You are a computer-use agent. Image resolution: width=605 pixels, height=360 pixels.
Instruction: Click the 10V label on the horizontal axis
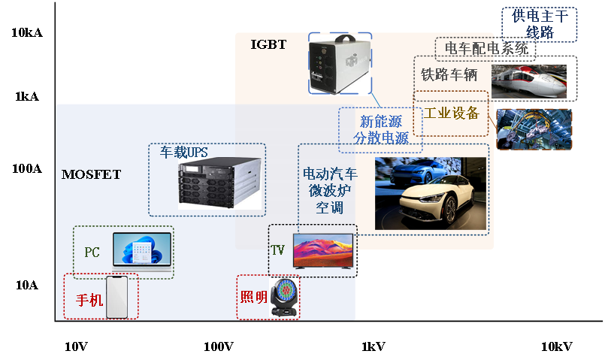point(77,346)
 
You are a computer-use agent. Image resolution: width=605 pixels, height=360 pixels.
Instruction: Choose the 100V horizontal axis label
point(219,346)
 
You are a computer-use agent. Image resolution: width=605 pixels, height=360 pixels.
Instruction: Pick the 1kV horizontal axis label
point(373,346)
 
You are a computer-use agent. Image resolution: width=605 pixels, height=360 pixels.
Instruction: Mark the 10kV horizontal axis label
point(556,346)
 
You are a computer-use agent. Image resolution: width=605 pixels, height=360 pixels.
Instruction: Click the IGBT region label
point(268,44)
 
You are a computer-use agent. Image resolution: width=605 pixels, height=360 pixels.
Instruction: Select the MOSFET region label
point(91,174)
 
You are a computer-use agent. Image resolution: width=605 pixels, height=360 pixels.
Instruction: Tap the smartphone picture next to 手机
point(116,297)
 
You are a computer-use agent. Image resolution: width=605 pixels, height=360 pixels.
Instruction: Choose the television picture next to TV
point(322,251)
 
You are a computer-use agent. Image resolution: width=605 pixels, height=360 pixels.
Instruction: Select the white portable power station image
point(341,65)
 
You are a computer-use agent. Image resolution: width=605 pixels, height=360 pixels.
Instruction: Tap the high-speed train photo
point(529,80)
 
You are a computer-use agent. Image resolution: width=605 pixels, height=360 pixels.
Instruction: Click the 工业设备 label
point(451,113)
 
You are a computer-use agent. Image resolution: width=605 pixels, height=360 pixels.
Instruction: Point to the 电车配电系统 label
point(486,50)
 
